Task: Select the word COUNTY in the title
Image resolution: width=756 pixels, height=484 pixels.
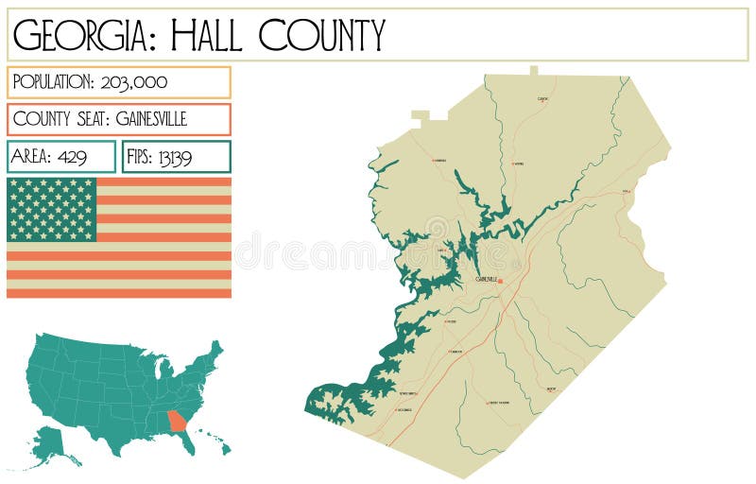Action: pyautogui.click(x=322, y=35)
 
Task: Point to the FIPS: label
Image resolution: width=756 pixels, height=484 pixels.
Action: pyautogui.click(x=140, y=157)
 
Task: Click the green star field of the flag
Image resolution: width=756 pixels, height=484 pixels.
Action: pyautogui.click(x=52, y=209)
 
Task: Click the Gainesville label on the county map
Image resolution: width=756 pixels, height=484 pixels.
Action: pyautogui.click(x=486, y=279)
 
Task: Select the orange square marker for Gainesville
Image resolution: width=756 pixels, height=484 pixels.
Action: pyautogui.click(x=501, y=281)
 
